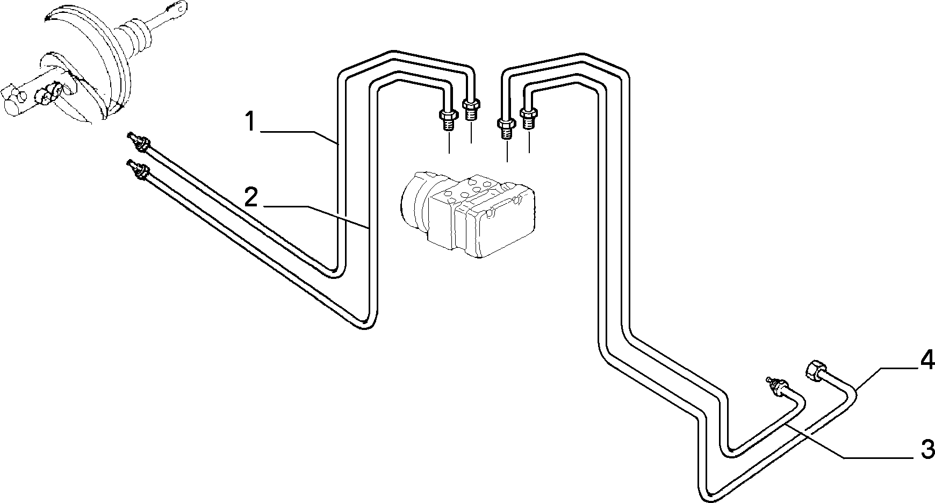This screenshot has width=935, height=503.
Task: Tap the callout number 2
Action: pos(251,197)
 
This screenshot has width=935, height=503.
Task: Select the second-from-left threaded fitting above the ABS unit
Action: pos(471,109)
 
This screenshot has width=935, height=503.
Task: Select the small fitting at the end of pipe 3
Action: pos(776,386)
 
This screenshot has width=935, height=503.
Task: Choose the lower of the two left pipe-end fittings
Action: pos(138,169)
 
